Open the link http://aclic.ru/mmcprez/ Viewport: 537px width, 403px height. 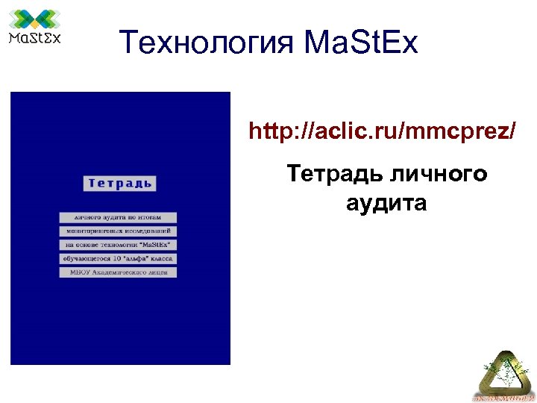(x=382, y=132)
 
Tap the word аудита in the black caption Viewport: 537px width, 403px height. (x=386, y=202)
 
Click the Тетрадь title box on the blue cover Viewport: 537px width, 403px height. (x=119, y=183)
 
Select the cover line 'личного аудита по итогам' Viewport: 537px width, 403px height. (x=118, y=217)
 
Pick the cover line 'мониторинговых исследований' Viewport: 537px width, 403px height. (x=118, y=231)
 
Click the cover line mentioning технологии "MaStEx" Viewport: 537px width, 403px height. (x=118, y=245)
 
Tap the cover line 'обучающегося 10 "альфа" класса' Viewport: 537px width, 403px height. (x=118, y=258)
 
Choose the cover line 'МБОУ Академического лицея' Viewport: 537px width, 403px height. (x=118, y=272)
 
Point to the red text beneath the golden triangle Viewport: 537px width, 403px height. (x=502, y=397)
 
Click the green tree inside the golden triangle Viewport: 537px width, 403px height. (x=499, y=370)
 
